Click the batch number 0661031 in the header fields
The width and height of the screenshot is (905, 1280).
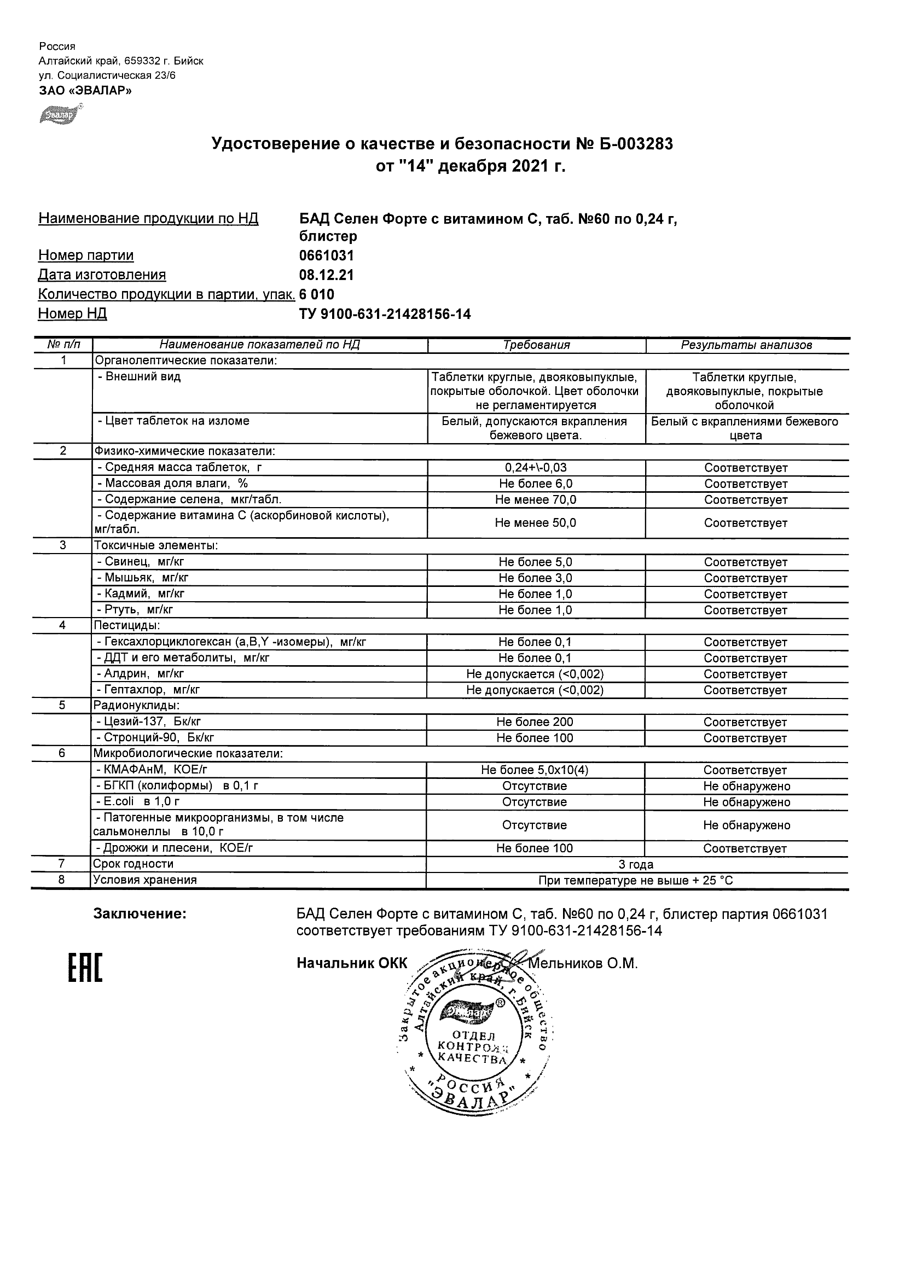click(x=327, y=256)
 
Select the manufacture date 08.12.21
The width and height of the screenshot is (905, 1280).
click(x=327, y=275)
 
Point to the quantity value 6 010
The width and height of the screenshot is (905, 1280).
click(x=317, y=294)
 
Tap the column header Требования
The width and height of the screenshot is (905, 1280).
click(x=536, y=345)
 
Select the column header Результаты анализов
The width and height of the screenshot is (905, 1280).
click(x=746, y=345)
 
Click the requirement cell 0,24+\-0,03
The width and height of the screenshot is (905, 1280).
click(x=536, y=468)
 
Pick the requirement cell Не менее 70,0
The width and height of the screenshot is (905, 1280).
click(x=536, y=500)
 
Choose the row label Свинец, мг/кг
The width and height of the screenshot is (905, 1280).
click(x=144, y=562)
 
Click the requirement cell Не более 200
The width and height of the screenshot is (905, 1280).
click(x=535, y=722)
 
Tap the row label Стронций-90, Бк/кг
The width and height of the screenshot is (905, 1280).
click(x=155, y=738)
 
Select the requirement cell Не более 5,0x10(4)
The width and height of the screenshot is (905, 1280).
click(x=535, y=770)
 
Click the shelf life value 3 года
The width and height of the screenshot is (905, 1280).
click(x=636, y=865)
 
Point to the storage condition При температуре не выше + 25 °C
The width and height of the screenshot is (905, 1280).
click(x=636, y=881)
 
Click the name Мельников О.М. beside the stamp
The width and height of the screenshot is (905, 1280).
click(x=583, y=964)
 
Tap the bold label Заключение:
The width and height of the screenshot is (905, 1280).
click(x=140, y=914)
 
